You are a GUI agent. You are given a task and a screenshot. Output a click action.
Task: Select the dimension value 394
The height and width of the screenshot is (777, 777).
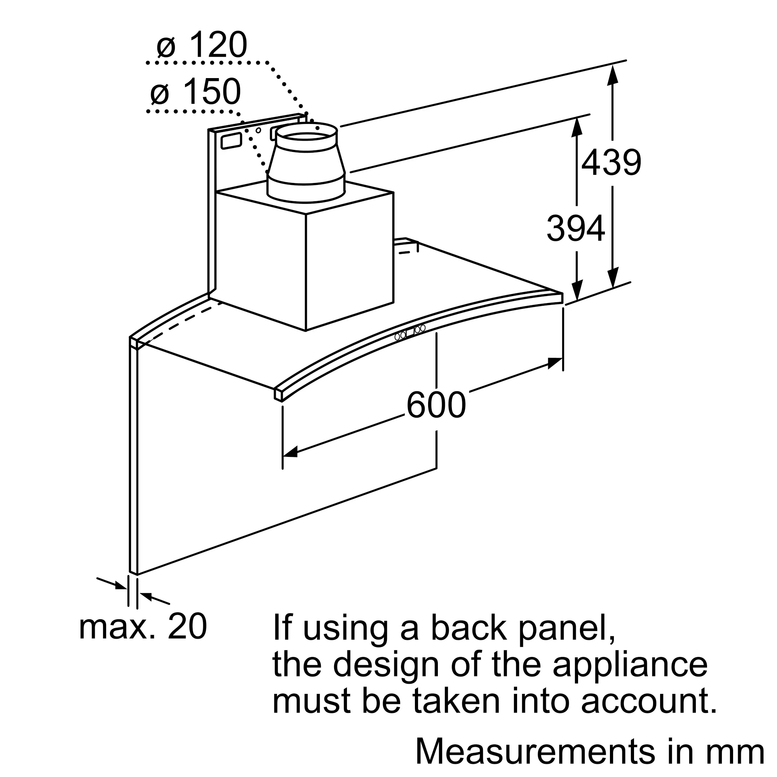(575, 228)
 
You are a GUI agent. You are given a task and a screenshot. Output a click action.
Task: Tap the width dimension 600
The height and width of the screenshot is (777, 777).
(436, 405)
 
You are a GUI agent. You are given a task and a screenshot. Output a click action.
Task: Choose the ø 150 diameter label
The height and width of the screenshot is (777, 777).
(195, 92)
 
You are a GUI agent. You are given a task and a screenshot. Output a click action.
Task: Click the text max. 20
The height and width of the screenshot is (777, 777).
(143, 626)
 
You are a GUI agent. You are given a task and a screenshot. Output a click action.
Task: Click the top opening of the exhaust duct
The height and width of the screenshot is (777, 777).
(307, 131)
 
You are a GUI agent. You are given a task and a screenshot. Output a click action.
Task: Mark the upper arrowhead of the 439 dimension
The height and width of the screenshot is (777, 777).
(613, 75)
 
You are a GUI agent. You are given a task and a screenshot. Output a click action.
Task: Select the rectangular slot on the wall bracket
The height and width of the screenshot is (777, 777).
(231, 141)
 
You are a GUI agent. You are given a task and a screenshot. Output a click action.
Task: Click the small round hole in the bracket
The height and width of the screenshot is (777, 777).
(259, 130)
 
